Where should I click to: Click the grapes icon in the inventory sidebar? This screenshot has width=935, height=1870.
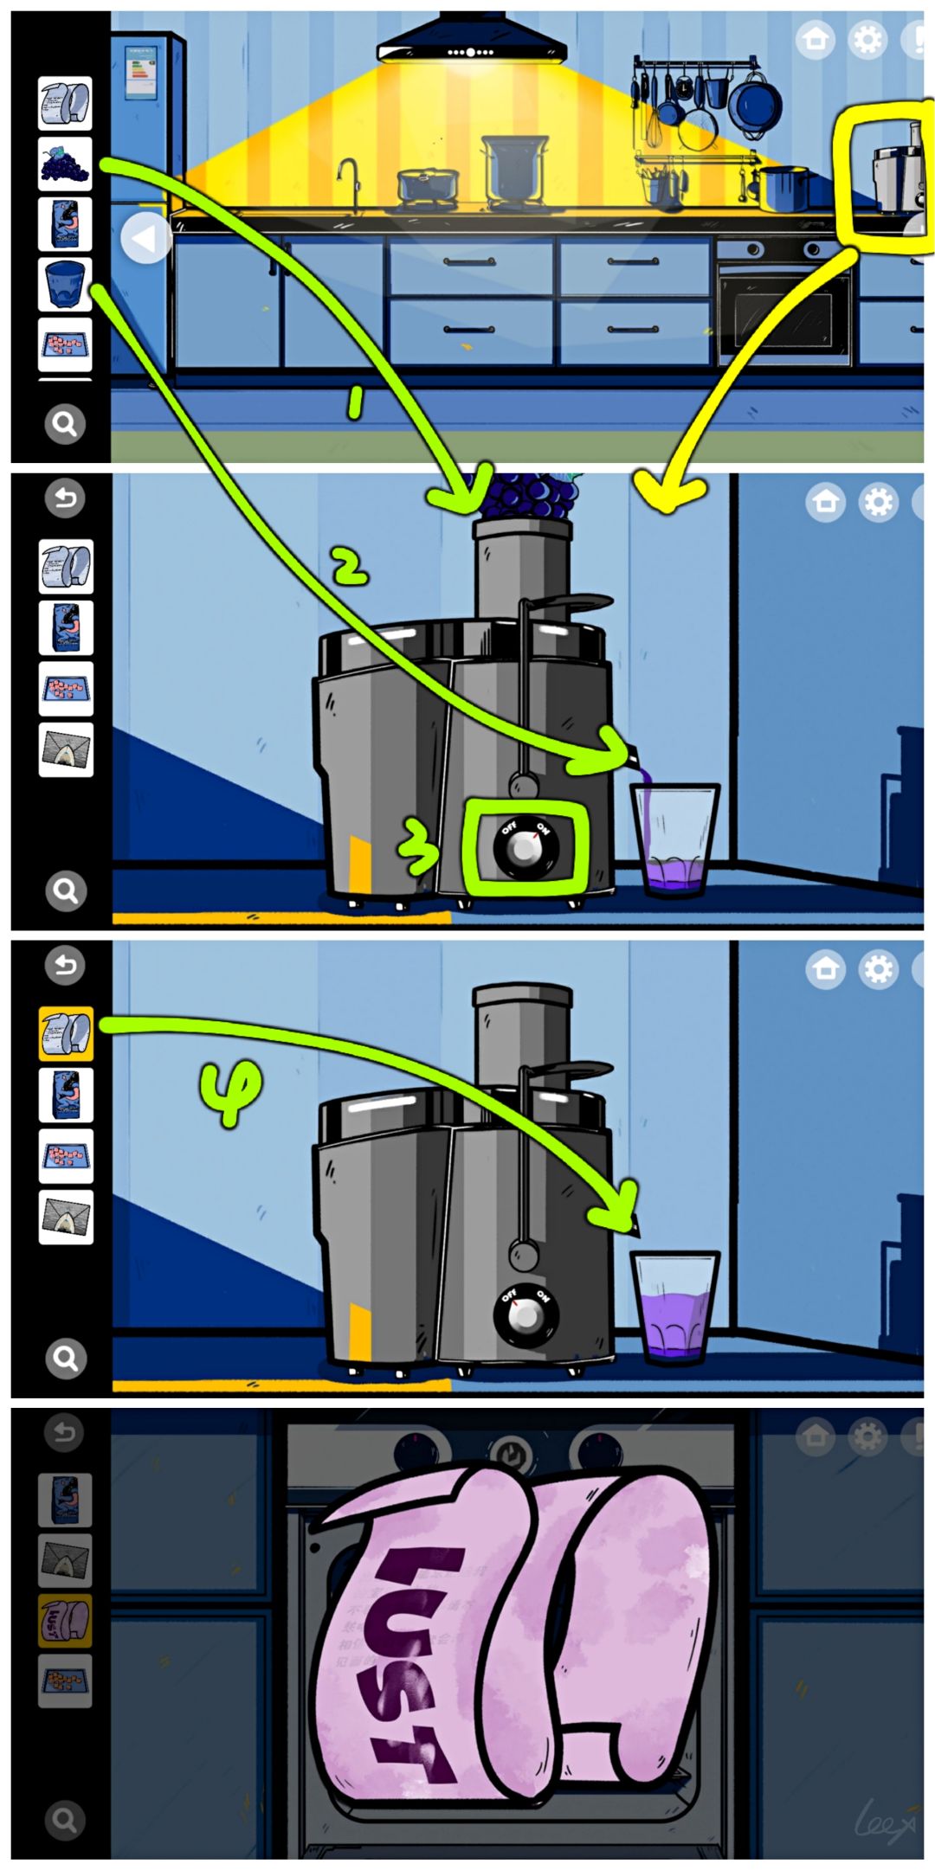[65, 164]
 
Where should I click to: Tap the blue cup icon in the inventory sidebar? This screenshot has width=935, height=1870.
[65, 284]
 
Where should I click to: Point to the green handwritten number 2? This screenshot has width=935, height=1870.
[351, 568]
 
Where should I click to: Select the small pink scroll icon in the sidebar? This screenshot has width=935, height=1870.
[65, 1620]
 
